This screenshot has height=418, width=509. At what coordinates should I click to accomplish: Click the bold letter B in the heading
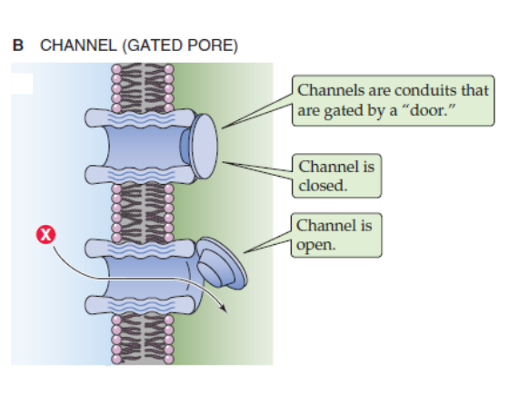pos(17,46)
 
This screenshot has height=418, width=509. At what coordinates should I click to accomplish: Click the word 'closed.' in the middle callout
pos(323,185)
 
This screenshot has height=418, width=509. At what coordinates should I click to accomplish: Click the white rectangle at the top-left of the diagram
pos(22,83)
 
